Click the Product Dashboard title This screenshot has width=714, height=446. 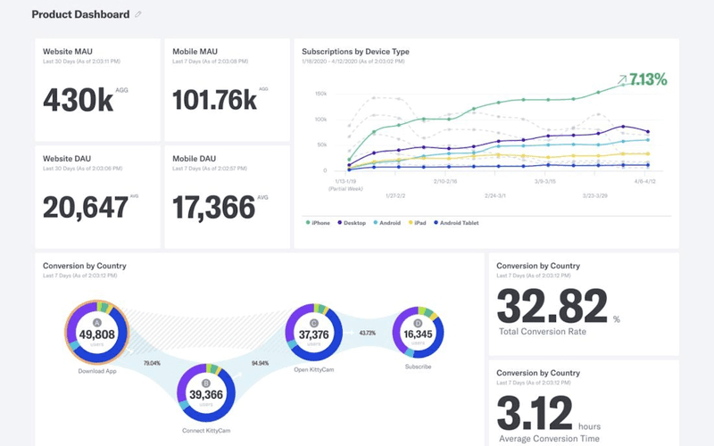79,14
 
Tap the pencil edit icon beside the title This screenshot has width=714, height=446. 138,15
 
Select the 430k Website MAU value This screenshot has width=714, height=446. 79,100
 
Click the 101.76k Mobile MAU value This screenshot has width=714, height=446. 214,100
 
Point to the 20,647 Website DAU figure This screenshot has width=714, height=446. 85,207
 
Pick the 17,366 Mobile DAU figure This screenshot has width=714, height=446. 215,207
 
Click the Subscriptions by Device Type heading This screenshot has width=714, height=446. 355,52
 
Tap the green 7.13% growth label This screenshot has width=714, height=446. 647,79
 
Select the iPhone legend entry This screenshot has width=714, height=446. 319,222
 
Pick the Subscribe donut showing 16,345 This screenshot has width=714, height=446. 418,334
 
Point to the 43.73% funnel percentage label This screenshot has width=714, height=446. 367,333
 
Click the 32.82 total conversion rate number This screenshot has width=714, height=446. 552,308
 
